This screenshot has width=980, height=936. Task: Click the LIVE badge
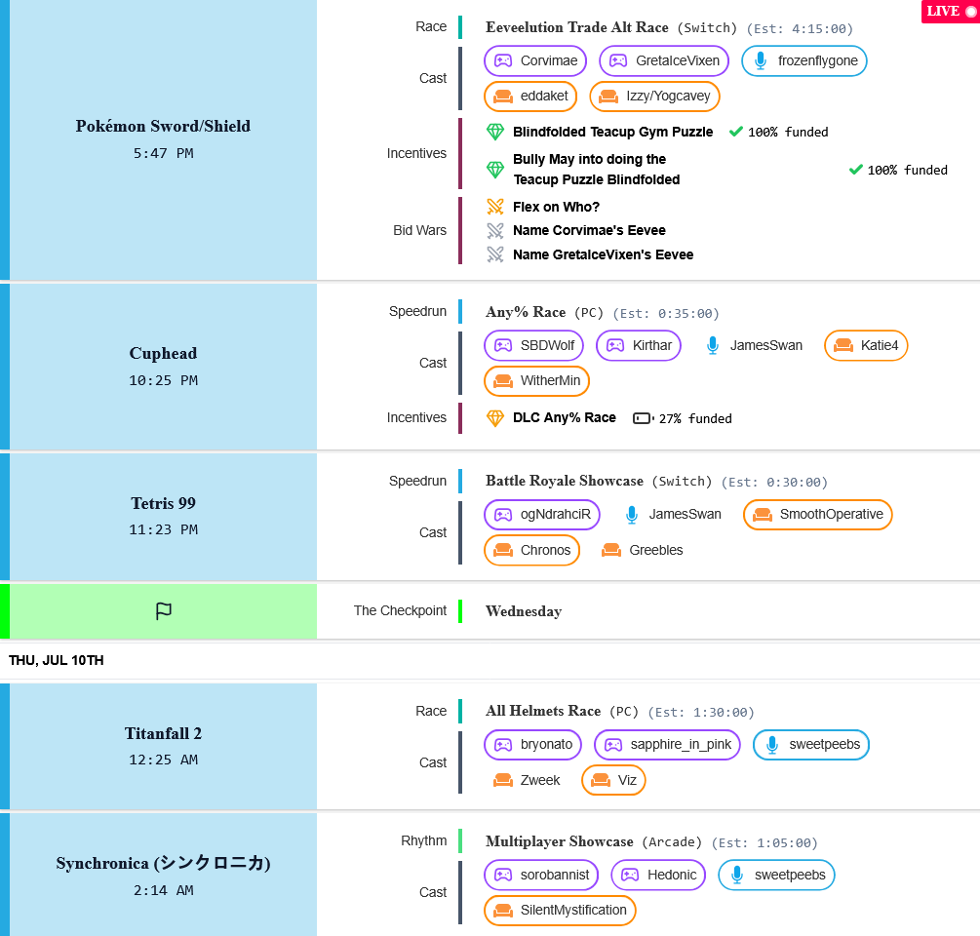[x=951, y=12]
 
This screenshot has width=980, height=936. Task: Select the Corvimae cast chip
[x=535, y=60]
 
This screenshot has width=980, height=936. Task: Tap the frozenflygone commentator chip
[x=804, y=60]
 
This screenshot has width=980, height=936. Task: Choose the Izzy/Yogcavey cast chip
[x=654, y=97]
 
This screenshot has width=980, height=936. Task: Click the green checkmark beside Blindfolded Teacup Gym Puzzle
[x=735, y=132]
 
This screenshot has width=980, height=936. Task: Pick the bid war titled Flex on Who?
[x=556, y=207]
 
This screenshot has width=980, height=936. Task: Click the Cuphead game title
[x=163, y=353]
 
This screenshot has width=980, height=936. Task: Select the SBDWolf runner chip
[x=533, y=345]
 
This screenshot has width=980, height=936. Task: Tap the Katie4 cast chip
[x=866, y=345]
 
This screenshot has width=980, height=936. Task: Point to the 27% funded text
[x=695, y=418]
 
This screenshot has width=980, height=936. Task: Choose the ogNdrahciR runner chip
[x=542, y=514]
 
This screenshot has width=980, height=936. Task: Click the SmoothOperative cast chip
[x=817, y=514]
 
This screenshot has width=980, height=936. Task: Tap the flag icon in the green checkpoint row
[x=163, y=611]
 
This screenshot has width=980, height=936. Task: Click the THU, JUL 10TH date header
[x=57, y=660]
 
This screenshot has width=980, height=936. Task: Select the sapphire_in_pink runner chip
[x=667, y=745]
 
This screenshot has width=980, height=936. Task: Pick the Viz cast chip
[x=613, y=780]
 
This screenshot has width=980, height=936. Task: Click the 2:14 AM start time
[x=163, y=890]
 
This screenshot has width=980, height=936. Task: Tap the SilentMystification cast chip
[x=560, y=911]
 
